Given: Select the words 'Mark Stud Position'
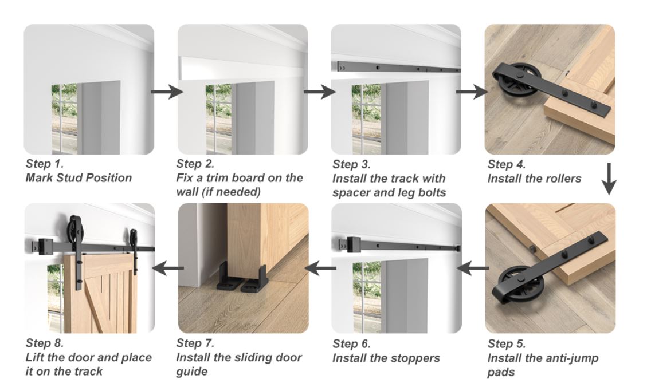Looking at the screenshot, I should tap(79, 178).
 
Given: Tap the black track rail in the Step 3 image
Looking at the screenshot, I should tap(395, 69).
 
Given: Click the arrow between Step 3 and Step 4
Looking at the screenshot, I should tap(470, 91).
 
